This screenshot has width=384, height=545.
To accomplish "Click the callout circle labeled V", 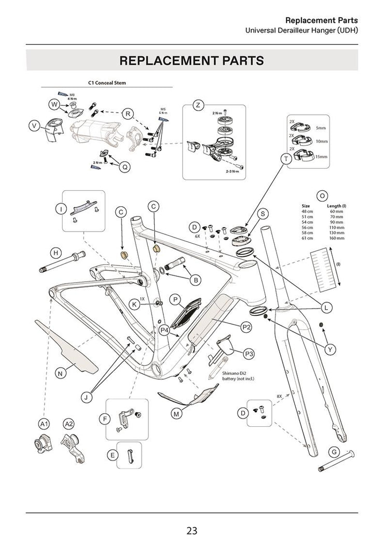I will (34, 125).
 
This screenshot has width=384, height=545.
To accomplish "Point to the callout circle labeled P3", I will (249, 353).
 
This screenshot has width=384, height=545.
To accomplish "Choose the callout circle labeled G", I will (335, 452).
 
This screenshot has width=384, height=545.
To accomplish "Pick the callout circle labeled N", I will (60, 373).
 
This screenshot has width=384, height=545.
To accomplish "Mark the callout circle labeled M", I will (176, 413).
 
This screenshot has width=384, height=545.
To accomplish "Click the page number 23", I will (192, 530).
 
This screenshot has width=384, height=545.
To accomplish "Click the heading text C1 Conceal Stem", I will (107, 82).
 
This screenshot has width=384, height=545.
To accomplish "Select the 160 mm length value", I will (336, 238).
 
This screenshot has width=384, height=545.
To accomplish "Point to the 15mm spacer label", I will (321, 157).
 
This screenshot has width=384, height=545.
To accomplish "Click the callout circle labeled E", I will (112, 455).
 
